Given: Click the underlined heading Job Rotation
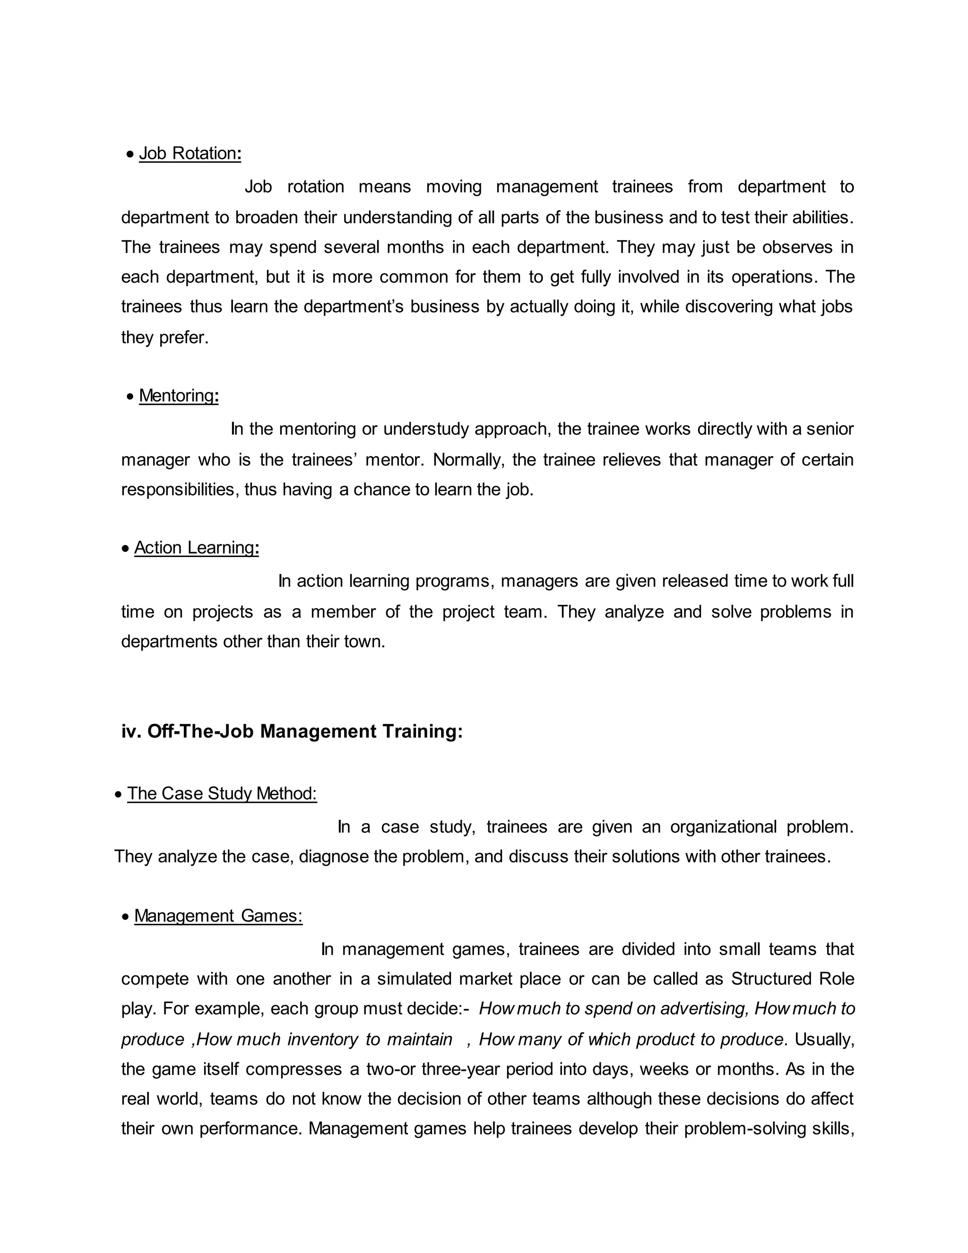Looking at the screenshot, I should pyautogui.click(x=190, y=154).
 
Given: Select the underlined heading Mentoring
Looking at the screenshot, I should pyautogui.click(x=178, y=396).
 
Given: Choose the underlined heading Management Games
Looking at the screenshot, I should pyautogui.click(x=218, y=916).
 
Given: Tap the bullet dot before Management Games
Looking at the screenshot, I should pyautogui.click(x=126, y=917).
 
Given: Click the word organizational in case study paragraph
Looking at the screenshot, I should pyautogui.click(x=723, y=827).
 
